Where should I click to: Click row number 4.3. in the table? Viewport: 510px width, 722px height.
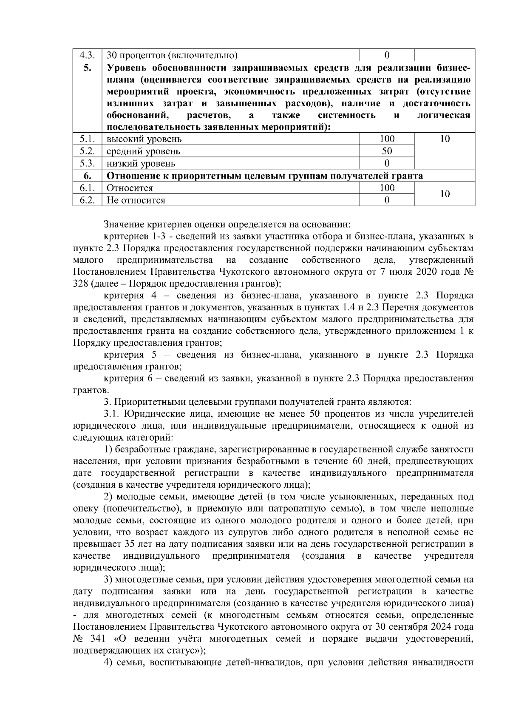click(x=87, y=55)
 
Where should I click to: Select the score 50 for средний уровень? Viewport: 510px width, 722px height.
click(x=387, y=151)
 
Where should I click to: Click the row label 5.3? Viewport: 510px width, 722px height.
click(x=87, y=163)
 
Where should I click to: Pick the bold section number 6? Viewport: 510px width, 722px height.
click(x=87, y=176)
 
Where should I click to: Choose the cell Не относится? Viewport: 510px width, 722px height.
click(x=136, y=200)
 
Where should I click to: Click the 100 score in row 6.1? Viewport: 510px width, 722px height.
click(x=387, y=188)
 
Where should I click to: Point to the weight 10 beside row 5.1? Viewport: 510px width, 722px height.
click(x=445, y=139)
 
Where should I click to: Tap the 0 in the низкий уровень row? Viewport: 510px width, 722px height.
click(x=387, y=163)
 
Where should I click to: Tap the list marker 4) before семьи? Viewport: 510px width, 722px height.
click(x=109, y=662)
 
